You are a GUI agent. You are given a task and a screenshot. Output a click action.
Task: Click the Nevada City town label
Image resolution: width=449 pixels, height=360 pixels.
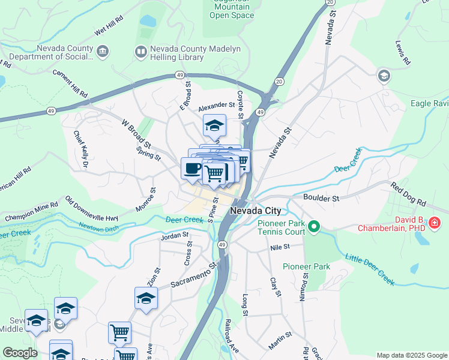[x=256, y=211]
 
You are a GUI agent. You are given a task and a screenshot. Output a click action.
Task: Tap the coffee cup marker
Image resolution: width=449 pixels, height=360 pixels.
[x=192, y=168]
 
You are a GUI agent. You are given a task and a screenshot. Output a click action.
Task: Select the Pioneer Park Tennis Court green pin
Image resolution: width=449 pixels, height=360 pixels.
[x=314, y=227]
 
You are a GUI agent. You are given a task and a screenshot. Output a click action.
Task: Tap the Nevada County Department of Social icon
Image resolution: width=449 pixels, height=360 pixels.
[x=103, y=52]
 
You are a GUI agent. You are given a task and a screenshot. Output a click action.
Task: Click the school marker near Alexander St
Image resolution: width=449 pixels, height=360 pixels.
[x=214, y=125]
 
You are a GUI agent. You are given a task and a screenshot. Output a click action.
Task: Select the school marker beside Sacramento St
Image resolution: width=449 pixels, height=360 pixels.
[x=146, y=298]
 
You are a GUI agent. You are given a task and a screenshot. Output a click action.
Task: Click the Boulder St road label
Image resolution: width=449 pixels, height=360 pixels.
[x=321, y=197]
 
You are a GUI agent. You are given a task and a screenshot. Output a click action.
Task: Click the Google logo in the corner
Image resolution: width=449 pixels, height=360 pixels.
[x=20, y=353]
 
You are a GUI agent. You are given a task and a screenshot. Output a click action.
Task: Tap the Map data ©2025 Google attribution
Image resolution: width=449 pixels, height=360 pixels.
[x=412, y=355]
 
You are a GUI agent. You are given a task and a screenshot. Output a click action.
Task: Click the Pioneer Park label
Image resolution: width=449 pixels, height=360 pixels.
[x=307, y=266]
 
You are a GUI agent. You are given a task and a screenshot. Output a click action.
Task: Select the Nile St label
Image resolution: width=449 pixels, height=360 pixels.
[x=280, y=247]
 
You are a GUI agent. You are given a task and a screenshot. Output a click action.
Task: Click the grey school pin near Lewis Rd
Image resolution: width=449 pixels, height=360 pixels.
[x=383, y=76]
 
